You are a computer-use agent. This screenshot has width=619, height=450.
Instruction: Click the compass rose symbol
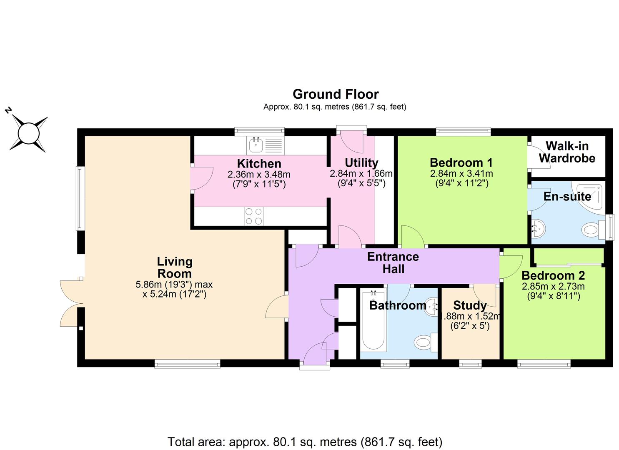point(29,134)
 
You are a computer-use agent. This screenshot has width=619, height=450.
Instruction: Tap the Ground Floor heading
point(336,94)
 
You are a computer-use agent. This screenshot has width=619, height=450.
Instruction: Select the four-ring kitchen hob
point(254,216)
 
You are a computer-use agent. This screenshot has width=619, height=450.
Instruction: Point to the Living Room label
point(175,267)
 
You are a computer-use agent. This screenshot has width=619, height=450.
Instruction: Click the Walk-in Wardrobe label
point(567,152)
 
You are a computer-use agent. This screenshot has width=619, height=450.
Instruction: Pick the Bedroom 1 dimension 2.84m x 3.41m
point(461,173)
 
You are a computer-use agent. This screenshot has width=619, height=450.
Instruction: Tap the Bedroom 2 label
point(553,276)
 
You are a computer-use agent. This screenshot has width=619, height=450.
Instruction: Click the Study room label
point(470,305)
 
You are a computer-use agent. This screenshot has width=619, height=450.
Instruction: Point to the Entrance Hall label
point(393,262)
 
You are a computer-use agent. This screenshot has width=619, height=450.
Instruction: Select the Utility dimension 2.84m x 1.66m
point(361,173)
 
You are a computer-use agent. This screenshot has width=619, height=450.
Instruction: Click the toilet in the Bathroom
point(426,342)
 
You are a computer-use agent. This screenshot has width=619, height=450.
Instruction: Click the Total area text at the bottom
point(305,442)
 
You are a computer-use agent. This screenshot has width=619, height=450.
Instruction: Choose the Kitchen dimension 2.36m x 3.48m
point(259,175)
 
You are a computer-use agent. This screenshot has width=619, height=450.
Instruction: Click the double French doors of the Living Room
point(72,303)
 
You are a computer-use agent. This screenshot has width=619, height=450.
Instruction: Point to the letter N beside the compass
point(8,110)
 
